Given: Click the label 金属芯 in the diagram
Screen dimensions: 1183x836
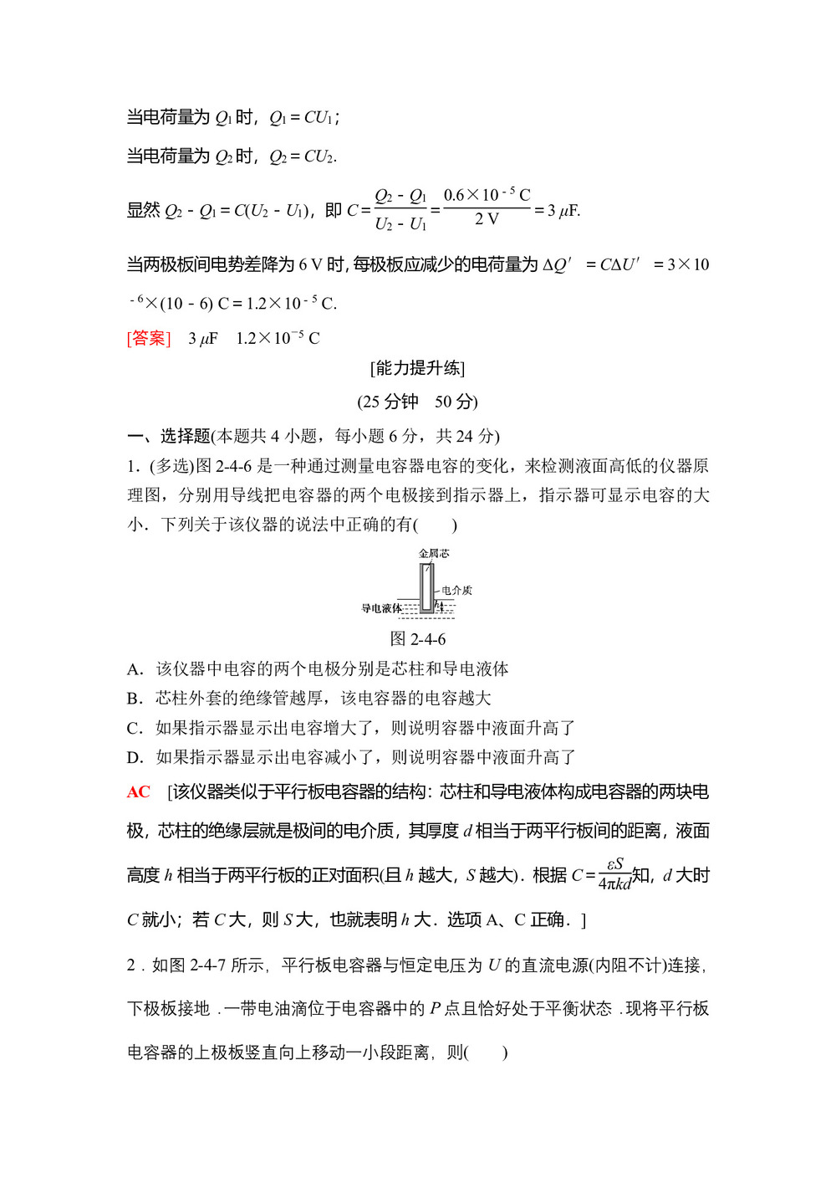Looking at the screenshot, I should click(x=434, y=554).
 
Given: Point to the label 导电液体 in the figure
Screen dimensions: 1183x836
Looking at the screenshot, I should click(x=381, y=608).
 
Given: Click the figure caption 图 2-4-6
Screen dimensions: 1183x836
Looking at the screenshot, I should click(x=418, y=639).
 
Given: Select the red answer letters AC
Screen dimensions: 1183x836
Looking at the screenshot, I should click(x=139, y=792).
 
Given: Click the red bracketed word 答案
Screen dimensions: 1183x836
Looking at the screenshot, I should click(x=149, y=338).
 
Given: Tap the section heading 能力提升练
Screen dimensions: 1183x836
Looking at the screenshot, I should click(x=417, y=368).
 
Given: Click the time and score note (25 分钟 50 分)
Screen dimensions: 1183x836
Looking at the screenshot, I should click(x=417, y=402).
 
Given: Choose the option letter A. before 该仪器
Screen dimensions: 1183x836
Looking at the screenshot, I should click(x=135, y=669).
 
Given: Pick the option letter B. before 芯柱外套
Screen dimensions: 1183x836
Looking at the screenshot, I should click(x=135, y=699).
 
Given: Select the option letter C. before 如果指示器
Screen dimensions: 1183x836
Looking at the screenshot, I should click(x=135, y=728).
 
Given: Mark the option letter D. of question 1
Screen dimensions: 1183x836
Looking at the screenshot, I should click(x=135, y=757).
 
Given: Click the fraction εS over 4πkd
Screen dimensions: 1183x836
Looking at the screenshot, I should click(x=614, y=874).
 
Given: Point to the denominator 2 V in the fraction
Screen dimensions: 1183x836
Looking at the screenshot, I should click(x=487, y=220).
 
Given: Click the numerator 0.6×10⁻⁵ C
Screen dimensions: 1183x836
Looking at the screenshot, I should click(x=487, y=196).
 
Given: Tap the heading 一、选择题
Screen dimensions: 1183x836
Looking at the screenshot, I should click(x=168, y=436).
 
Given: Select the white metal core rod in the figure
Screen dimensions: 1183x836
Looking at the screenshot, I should click(x=427, y=586).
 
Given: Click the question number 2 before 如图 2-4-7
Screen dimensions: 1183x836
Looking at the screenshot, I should click(x=131, y=965).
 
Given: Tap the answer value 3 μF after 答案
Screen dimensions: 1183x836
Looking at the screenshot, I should click(x=202, y=339).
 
